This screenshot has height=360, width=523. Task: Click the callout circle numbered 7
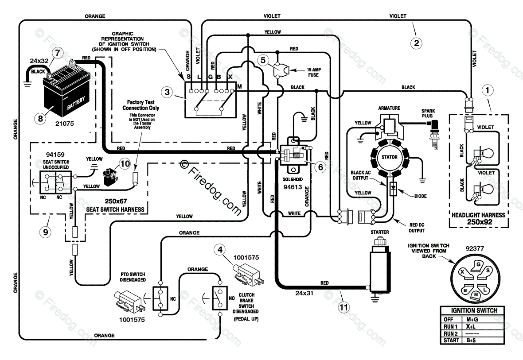click(58, 53)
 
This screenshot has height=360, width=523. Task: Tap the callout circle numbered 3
click(167, 92)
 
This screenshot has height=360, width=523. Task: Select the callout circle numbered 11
click(343, 307)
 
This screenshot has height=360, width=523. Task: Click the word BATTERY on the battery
click(76, 103)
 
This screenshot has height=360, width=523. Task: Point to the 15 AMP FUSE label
click(313, 72)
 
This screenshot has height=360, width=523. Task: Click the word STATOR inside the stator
click(390, 157)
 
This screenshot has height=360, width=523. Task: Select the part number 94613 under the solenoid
click(293, 187)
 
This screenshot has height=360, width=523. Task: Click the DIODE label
click(420, 196)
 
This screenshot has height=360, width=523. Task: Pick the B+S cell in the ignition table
click(472, 341)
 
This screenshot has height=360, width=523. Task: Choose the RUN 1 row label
click(450, 326)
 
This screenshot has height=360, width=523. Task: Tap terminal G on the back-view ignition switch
click(478, 265)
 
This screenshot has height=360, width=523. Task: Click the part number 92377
click(475, 248)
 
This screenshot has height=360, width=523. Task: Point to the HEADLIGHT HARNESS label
click(478, 215)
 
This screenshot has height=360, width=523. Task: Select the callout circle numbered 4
click(219, 250)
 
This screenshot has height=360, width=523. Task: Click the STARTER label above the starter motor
click(379, 232)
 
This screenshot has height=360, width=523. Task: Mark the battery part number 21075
click(64, 124)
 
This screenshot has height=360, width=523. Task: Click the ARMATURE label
click(389, 108)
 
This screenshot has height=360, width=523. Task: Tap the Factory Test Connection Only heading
click(141, 105)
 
